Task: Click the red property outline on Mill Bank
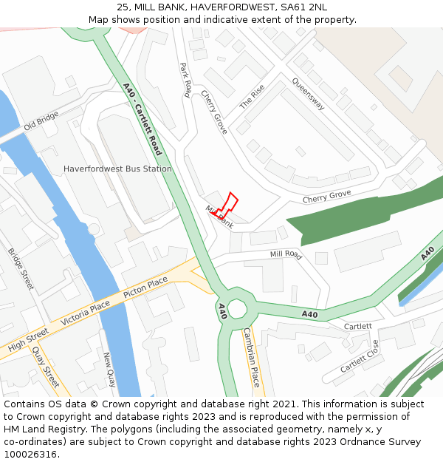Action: tap(227, 204)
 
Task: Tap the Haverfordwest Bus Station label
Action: tap(117, 169)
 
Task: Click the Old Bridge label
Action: tap(41, 121)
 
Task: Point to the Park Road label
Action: tap(185, 80)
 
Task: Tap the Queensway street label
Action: tap(308, 94)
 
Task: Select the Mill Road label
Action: tap(286, 255)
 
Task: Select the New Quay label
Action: tap(109, 370)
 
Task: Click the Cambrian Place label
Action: tap(252, 357)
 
